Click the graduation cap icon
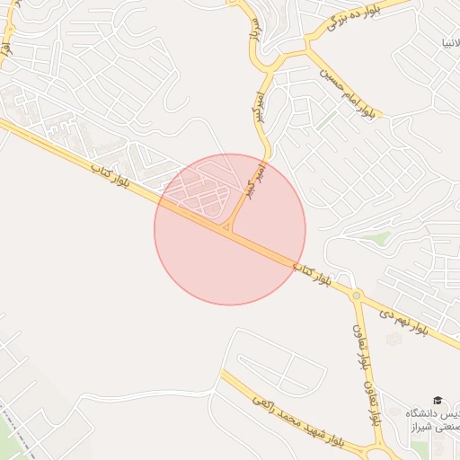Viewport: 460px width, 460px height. (438, 400)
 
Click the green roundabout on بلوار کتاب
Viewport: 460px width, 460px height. (357, 295)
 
